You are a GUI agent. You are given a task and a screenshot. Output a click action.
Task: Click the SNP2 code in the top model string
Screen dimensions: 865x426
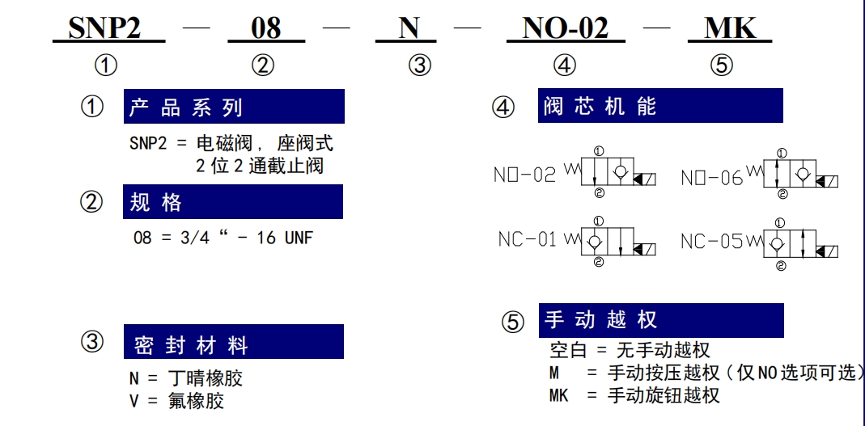point(104,27)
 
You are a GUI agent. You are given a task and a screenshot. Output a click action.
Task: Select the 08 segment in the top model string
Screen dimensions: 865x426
point(266,27)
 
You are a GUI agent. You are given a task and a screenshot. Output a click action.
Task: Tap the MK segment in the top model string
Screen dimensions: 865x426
point(731,27)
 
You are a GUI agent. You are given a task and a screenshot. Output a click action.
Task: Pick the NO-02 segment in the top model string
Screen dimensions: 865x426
point(565,27)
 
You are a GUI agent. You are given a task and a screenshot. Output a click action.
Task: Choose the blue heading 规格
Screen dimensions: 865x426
point(155,203)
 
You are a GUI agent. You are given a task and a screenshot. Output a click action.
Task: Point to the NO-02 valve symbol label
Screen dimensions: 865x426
point(524,175)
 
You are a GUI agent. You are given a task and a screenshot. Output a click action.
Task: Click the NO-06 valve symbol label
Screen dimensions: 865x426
point(711,178)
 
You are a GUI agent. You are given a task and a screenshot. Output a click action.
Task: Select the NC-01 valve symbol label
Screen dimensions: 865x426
point(528,240)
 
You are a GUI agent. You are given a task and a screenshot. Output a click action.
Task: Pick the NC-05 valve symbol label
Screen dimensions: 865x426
point(711,242)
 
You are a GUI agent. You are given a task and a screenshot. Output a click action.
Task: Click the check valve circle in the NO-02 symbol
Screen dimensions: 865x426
point(621,172)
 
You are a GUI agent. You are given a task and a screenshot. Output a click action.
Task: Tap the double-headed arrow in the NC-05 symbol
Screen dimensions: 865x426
point(800,242)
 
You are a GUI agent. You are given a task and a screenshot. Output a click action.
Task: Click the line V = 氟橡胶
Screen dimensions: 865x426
point(177,401)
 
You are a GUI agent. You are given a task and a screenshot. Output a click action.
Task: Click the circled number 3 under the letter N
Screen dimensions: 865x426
point(420,66)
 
